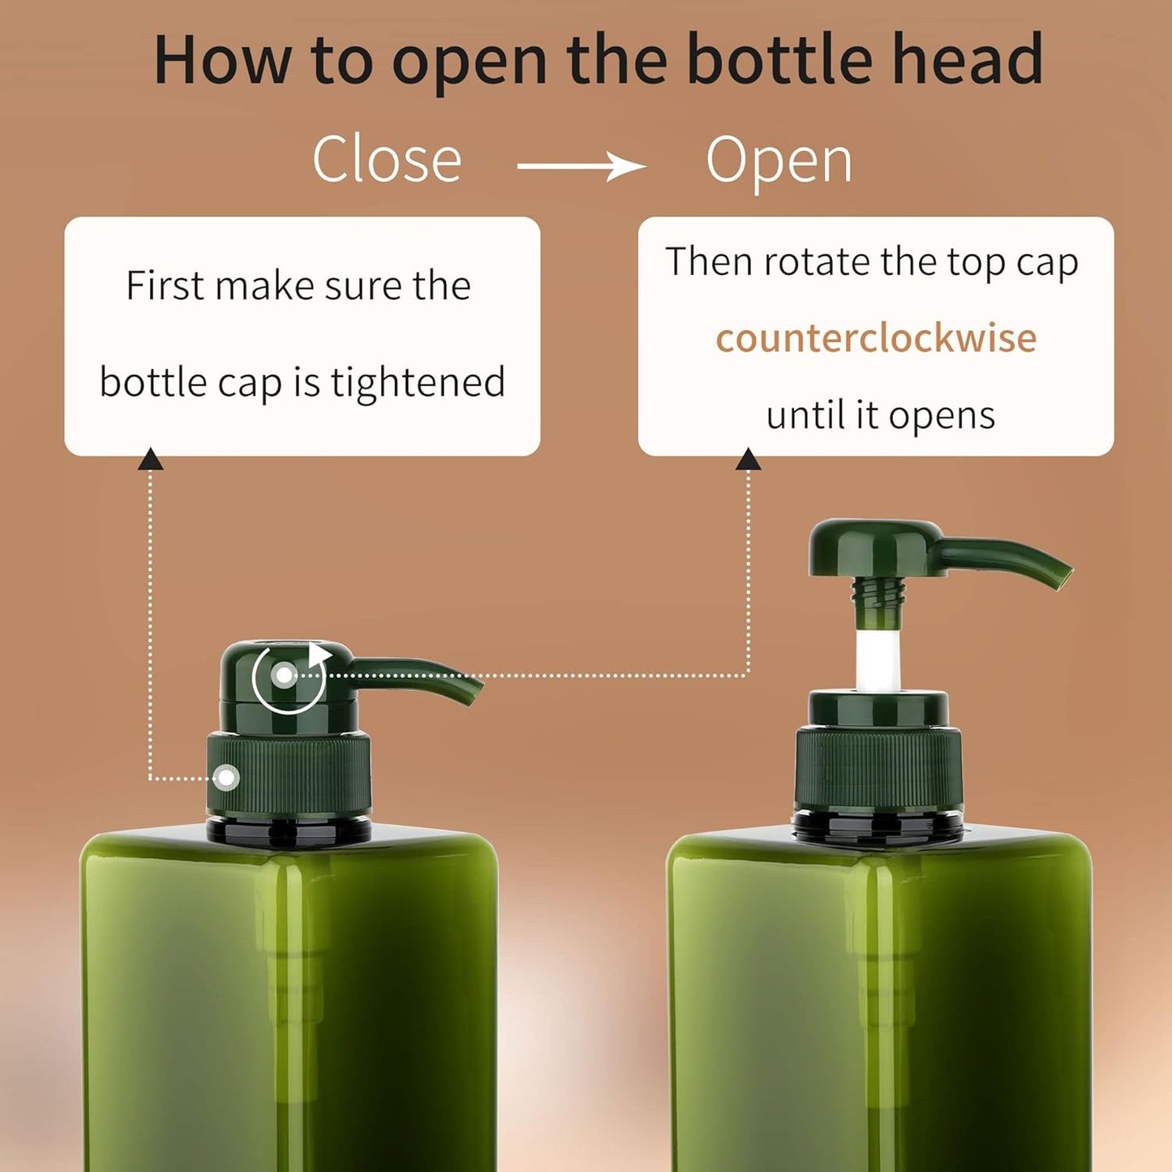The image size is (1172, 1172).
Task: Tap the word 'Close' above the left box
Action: click(x=387, y=160)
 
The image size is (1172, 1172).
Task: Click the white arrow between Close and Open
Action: click(x=582, y=167)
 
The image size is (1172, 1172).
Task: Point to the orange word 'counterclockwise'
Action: click(x=876, y=338)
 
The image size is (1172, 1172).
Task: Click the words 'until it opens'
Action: click(x=880, y=415)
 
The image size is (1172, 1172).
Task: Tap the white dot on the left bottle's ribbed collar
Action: click(x=226, y=778)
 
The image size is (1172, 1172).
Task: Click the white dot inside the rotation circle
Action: click(x=285, y=675)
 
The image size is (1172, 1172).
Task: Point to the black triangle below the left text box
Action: click(x=150, y=460)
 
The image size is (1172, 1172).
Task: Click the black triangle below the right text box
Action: click(x=748, y=460)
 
